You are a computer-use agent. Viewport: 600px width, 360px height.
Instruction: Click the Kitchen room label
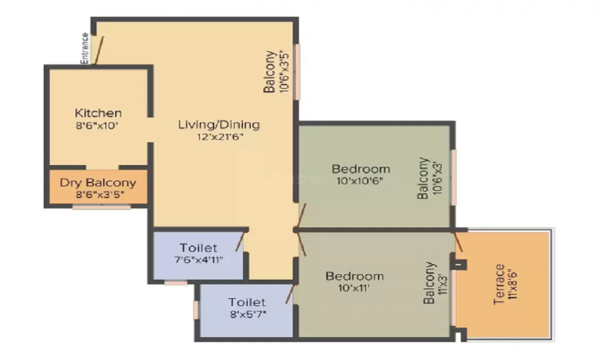pyautogui.click(x=98, y=113)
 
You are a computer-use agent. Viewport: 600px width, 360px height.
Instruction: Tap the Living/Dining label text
pyautogui.click(x=219, y=125)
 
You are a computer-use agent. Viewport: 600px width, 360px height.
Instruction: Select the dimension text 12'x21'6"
pyautogui.click(x=219, y=137)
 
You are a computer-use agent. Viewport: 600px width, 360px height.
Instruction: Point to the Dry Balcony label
pyautogui.click(x=98, y=182)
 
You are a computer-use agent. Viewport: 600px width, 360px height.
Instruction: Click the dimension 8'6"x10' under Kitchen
pyautogui.click(x=98, y=125)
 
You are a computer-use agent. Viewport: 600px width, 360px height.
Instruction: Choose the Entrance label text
pyautogui.click(x=85, y=48)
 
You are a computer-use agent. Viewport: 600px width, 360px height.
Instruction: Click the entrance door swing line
pyautogui.click(x=99, y=50)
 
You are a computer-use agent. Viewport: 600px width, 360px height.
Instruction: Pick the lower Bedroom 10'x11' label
pyautogui.click(x=354, y=281)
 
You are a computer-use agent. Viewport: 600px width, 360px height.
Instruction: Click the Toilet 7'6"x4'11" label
pyautogui.click(x=199, y=253)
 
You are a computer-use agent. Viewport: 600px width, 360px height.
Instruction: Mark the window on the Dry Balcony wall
pyautogui.click(x=101, y=208)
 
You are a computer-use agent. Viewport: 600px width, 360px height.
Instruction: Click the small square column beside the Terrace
pyautogui.click(x=460, y=263)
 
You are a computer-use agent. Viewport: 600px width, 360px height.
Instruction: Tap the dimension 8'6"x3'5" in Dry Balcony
pyautogui.click(x=98, y=194)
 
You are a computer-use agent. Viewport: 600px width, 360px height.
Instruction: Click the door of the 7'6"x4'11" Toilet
pyautogui.click(x=241, y=241)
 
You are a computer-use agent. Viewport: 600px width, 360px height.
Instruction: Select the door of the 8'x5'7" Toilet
pyautogui.click(x=291, y=294)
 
